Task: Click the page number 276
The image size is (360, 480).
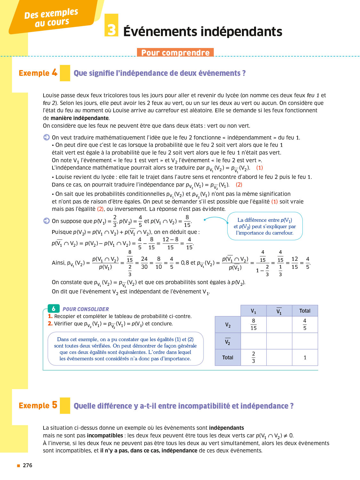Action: [x=28, y=465]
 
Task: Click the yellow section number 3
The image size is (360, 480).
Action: [x=111, y=30]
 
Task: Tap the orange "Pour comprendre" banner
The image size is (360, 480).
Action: [x=175, y=52]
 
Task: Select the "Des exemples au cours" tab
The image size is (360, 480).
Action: [x=52, y=18]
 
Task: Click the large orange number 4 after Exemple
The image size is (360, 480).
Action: [x=55, y=73]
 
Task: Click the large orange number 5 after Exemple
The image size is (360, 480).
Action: [x=55, y=405]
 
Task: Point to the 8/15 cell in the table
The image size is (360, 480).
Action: [x=253, y=324]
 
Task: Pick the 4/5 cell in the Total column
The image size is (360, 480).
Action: [x=305, y=324]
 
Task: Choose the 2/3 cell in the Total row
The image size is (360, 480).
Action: [x=253, y=357]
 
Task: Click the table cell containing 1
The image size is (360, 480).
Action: [x=305, y=357]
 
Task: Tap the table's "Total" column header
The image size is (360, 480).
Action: [x=305, y=311]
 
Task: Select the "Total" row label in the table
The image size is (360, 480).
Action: [x=228, y=357]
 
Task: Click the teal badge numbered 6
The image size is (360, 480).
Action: [x=53, y=308]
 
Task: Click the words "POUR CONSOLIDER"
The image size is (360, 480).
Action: [x=86, y=309]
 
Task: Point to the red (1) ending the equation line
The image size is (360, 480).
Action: [x=260, y=168]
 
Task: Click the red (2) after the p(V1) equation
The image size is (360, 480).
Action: [x=239, y=185]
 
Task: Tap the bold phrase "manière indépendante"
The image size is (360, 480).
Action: [x=80, y=118]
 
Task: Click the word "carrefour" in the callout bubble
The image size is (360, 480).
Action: [x=280, y=233]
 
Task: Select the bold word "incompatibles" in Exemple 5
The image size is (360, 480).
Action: [x=105, y=436]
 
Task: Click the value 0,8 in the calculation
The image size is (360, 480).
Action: [x=185, y=263]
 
